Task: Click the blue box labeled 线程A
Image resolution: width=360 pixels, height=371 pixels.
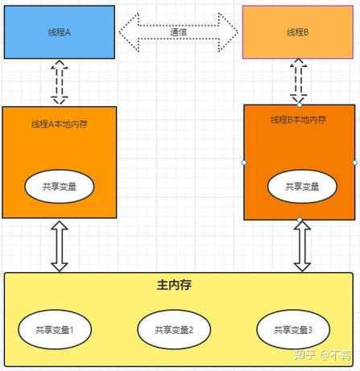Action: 59,32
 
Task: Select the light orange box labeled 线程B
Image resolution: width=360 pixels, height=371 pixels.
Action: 297,32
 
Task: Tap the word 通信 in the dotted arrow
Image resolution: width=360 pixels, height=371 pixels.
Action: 179,32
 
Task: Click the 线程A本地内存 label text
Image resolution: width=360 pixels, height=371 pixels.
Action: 59,124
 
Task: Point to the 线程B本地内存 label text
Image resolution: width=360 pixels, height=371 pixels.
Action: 299,120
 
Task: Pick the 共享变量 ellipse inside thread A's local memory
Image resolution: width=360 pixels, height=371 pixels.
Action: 59,186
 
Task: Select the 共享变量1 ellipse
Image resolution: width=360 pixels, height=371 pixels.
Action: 55,329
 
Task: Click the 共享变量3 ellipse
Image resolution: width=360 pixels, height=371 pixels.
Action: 293,329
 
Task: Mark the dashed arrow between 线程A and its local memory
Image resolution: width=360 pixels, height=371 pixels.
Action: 59,82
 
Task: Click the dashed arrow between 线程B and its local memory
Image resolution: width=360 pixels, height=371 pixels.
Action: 299,80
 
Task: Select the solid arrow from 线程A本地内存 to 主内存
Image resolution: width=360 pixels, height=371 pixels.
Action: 59,245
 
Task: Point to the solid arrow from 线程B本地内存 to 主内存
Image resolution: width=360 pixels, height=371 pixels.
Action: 302,246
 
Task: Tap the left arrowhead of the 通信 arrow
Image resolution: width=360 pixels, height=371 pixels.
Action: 129,32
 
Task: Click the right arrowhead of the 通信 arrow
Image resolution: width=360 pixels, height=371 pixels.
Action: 230,32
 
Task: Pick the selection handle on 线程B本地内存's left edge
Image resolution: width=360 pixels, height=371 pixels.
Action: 244,163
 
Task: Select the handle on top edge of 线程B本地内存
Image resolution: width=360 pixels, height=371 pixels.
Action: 299,105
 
